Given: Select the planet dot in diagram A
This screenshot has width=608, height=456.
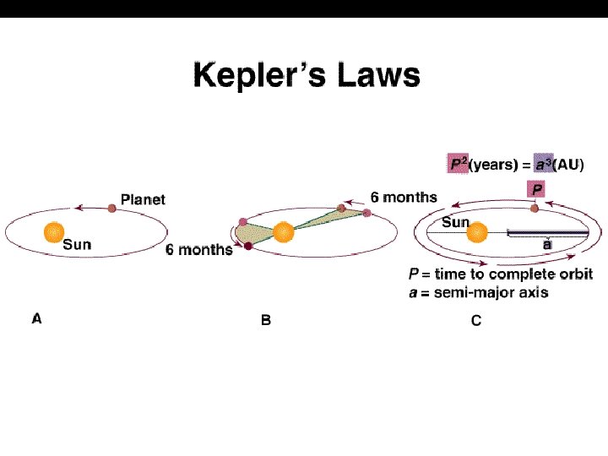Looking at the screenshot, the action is (x=111, y=208).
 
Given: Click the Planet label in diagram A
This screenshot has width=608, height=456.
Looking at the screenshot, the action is (x=143, y=199).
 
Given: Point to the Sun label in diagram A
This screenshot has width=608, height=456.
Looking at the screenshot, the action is (x=77, y=245).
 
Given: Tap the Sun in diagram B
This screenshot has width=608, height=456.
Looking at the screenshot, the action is (x=283, y=231).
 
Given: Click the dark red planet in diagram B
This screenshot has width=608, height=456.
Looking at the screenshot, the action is (x=248, y=247).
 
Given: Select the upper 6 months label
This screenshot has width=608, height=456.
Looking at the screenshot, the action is (x=404, y=197).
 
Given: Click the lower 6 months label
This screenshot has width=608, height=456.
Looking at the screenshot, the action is (x=199, y=250).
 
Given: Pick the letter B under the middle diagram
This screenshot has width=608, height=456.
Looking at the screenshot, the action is (x=266, y=321).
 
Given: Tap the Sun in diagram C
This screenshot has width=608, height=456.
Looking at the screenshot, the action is (x=478, y=231).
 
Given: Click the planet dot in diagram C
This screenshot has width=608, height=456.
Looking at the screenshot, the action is (x=534, y=208).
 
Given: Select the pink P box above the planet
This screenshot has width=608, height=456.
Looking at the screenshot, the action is (x=537, y=189).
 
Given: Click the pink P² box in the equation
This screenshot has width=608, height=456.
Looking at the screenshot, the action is (x=459, y=165).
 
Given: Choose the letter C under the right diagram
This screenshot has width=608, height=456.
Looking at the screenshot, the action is (x=476, y=321).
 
